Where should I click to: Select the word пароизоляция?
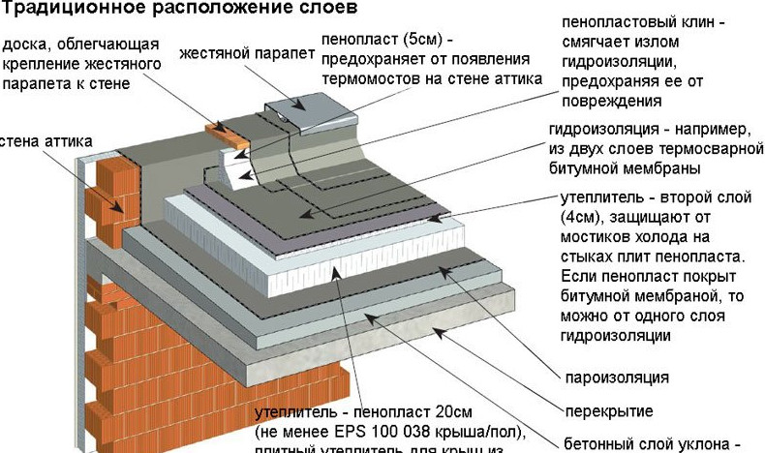(617, 377)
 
